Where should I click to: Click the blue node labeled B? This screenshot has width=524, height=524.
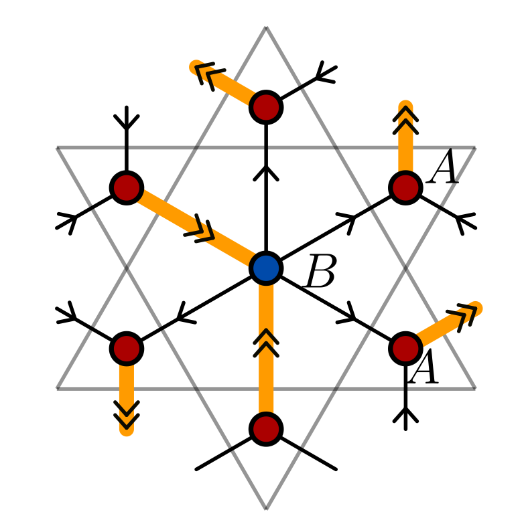[266, 268]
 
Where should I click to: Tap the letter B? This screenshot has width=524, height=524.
[320, 272]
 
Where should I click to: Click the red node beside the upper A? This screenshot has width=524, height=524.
[405, 187]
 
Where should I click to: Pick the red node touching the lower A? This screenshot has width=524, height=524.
[405, 348]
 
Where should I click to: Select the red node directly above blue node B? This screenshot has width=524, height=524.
[266, 107]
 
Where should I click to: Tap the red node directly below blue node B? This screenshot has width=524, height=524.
[266, 428]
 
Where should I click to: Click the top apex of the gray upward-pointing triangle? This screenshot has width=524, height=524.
[266, 28]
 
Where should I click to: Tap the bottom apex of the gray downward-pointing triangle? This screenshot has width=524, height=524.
[266, 508]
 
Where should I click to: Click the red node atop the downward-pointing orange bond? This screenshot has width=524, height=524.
[127, 348]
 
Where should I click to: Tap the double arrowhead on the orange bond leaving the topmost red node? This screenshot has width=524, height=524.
[210, 75]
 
